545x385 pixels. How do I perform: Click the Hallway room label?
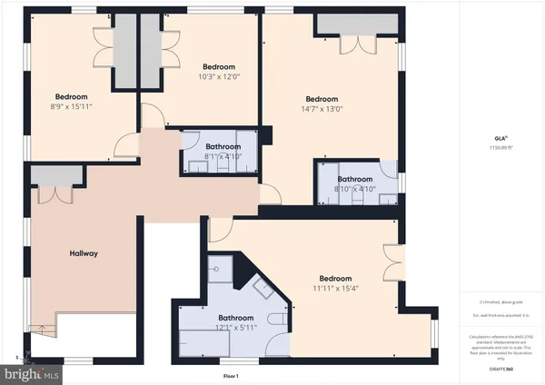click(84, 253)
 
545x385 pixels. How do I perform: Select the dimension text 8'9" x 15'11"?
click(72, 105)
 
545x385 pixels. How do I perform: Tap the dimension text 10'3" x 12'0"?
click(219, 76)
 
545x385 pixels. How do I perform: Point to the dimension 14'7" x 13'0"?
click(322, 109)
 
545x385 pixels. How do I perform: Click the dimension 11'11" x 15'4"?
click(335, 288)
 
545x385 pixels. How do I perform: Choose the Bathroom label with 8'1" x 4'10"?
click(223, 146)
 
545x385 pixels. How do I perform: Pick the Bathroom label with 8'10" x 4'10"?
click(355, 180)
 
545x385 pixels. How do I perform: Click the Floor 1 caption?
click(231, 376)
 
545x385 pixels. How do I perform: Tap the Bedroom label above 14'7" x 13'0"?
click(322, 99)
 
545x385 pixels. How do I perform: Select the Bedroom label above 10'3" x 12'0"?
click(219, 66)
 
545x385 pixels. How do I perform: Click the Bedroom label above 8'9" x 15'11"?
click(72, 96)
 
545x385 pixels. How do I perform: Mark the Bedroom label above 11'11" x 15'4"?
click(335, 278)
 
